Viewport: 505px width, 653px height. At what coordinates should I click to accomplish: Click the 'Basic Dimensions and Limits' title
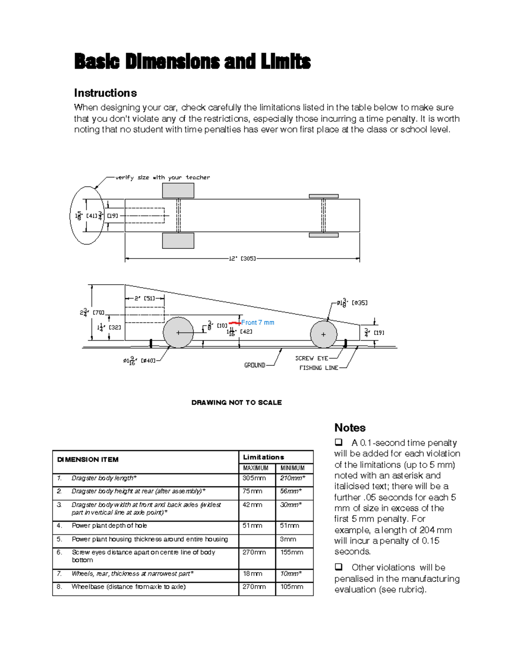(x=192, y=62)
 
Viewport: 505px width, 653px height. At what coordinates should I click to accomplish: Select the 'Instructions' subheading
(x=105, y=93)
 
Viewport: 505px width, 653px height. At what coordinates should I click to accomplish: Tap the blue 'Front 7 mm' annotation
(x=258, y=323)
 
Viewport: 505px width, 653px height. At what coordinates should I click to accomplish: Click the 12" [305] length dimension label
(x=242, y=259)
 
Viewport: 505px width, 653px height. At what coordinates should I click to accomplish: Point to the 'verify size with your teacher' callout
(x=162, y=177)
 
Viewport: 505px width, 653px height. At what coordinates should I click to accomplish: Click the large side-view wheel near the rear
(x=178, y=333)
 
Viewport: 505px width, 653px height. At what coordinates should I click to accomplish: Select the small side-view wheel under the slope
(x=323, y=334)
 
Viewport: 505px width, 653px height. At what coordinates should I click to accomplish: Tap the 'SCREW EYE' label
(x=311, y=358)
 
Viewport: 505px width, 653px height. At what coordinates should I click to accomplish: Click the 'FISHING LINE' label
(x=319, y=368)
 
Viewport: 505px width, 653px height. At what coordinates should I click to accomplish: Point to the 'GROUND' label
(x=255, y=365)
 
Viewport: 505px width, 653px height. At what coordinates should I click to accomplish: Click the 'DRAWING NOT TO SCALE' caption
(x=237, y=402)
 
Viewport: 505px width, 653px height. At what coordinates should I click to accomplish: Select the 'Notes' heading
(x=350, y=428)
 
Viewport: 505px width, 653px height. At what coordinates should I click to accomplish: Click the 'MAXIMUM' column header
(x=255, y=468)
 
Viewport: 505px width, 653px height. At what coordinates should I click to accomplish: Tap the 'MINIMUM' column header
(x=292, y=468)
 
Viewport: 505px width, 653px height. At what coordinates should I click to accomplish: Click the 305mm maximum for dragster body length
(x=254, y=478)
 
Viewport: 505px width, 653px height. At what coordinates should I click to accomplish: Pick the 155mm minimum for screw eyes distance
(x=292, y=552)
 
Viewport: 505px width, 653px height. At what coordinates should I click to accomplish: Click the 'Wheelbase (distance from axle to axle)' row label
(x=128, y=587)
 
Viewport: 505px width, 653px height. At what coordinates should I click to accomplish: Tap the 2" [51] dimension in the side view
(x=144, y=299)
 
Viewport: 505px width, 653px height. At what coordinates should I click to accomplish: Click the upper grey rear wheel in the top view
(x=178, y=190)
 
